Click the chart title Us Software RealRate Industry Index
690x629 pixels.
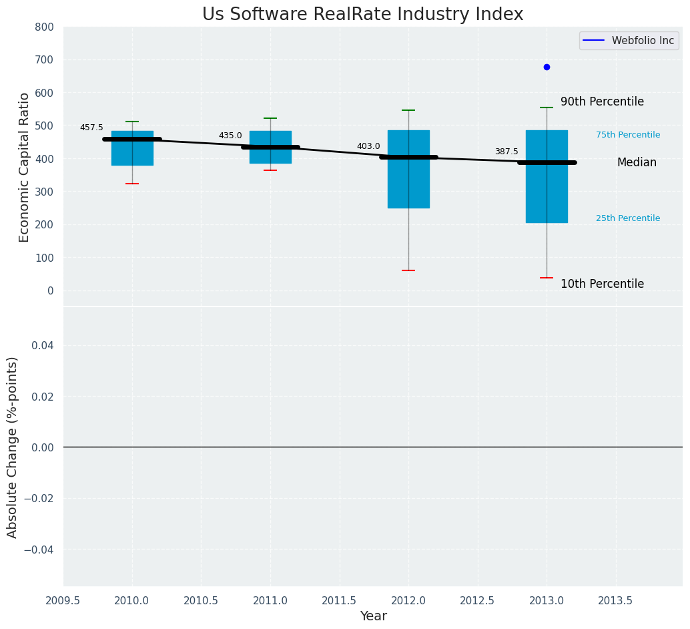(x=362, y=15)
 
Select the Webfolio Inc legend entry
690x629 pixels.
(x=629, y=41)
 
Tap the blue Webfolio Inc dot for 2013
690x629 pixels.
(x=547, y=67)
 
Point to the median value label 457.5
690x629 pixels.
(x=91, y=128)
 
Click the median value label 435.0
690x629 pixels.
(x=230, y=136)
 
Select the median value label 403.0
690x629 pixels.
(x=368, y=146)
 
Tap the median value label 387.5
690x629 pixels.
(x=506, y=152)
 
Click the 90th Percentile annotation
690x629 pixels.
(x=602, y=102)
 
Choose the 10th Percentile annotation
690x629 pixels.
(x=602, y=284)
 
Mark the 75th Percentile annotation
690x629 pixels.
(x=628, y=135)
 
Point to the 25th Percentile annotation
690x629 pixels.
(x=628, y=218)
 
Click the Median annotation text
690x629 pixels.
(x=637, y=163)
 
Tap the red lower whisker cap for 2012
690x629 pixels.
(x=408, y=270)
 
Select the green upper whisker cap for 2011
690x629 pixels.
(x=270, y=118)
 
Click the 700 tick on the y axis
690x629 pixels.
(x=45, y=60)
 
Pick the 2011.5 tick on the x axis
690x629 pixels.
(x=339, y=600)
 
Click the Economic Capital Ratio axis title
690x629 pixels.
(x=25, y=167)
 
